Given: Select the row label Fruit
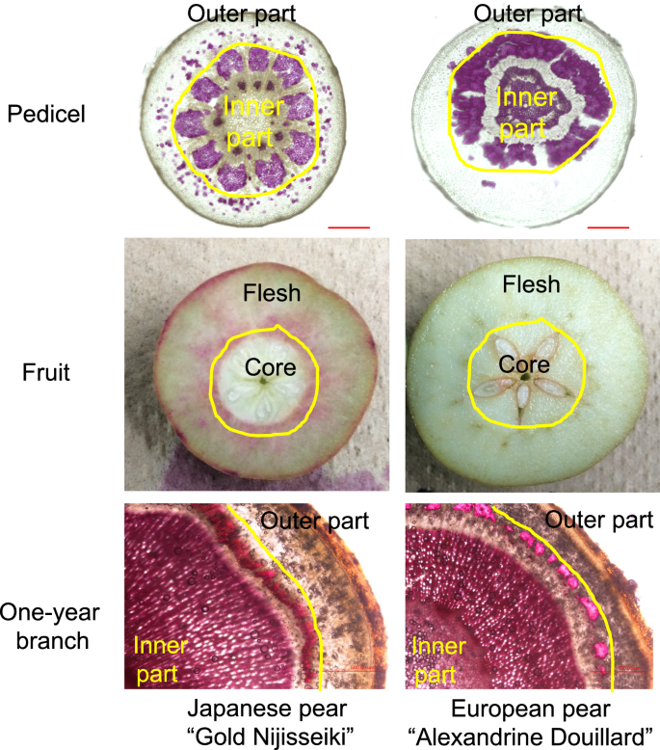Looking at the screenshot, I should point(45,369).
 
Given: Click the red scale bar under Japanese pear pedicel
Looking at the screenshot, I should point(349,228).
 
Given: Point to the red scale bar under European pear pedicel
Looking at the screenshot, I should point(607,228).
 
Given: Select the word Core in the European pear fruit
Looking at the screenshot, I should point(524,365).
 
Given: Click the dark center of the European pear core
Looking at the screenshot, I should point(523,378).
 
